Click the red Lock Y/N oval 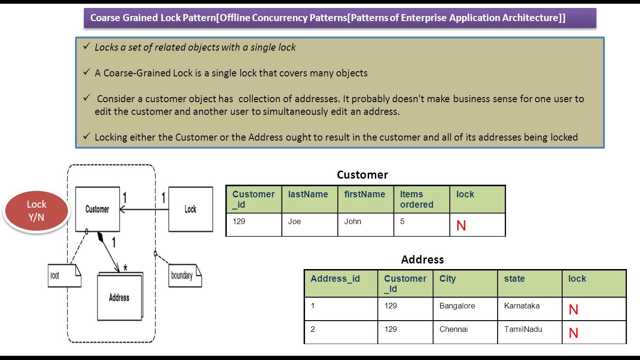(x=37, y=211)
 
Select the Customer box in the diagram (x=97, y=210)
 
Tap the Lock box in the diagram (x=190, y=210)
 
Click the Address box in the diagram (x=119, y=297)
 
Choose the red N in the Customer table (x=461, y=226)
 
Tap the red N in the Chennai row (x=573, y=333)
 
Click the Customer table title (x=362, y=175)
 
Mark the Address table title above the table (x=422, y=260)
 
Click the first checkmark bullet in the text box (x=87, y=47)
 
